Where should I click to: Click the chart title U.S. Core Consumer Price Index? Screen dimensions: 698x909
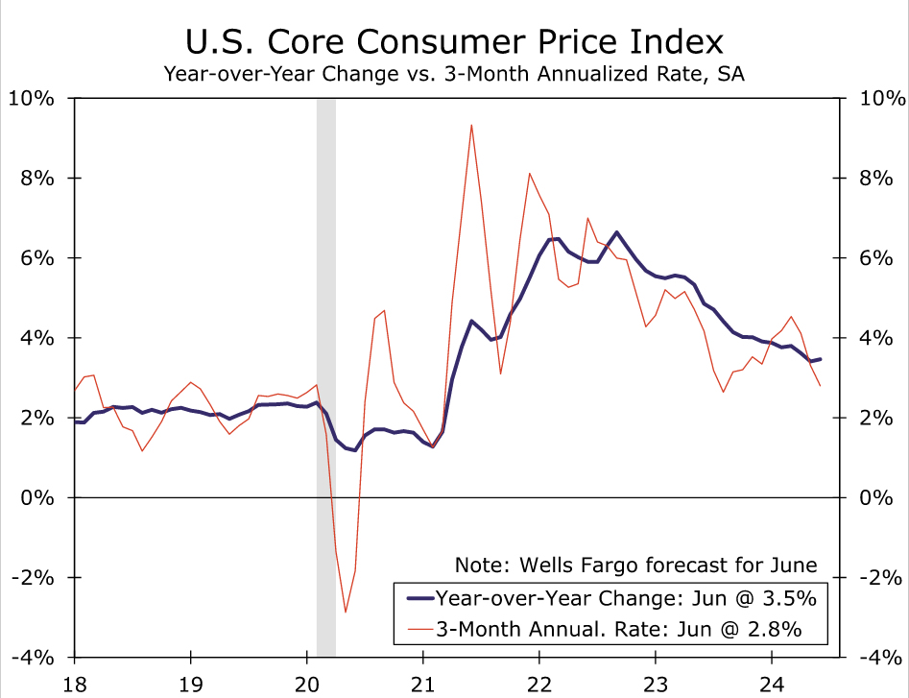click(x=455, y=42)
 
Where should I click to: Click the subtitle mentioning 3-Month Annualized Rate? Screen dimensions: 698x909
click(x=455, y=74)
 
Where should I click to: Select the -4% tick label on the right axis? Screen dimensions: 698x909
click(x=882, y=658)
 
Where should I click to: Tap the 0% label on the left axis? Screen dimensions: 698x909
click(x=37, y=497)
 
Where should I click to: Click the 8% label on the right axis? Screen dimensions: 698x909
click(x=882, y=178)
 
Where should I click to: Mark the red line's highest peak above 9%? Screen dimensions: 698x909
click(x=471, y=125)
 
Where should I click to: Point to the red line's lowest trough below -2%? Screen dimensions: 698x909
click(x=346, y=612)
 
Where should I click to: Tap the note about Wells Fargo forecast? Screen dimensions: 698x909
click(x=635, y=565)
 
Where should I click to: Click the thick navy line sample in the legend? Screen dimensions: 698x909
click(x=419, y=598)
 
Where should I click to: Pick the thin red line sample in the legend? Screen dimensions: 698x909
click(x=419, y=629)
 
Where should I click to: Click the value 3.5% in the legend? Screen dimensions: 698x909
click(x=789, y=598)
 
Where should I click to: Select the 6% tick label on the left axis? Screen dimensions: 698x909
click(x=37, y=257)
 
